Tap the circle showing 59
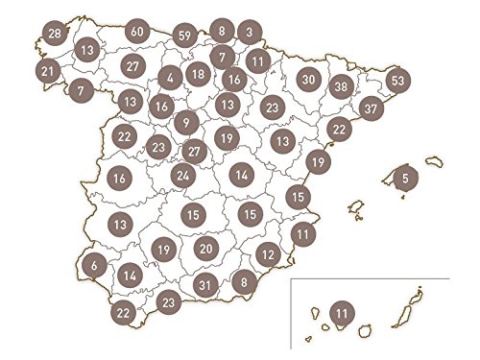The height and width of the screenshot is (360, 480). [x=186, y=36]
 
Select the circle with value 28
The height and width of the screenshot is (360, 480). [x=55, y=35]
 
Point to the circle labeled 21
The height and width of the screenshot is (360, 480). [x=47, y=70]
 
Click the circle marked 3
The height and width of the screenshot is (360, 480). [x=250, y=33]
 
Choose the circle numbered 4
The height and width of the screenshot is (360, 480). [x=172, y=78]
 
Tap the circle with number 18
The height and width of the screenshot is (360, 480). [x=198, y=74]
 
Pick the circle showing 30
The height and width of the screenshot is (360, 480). [x=308, y=81]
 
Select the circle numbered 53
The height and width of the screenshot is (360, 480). [x=397, y=81]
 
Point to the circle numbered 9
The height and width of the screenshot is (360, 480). [x=186, y=123]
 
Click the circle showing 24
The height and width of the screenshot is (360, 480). [x=183, y=176]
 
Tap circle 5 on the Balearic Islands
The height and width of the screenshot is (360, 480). [x=407, y=178]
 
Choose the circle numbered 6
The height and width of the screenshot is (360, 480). [x=94, y=266]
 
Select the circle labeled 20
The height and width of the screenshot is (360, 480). [x=205, y=249]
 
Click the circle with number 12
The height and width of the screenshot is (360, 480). [x=269, y=255]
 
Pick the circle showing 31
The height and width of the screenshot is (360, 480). [x=204, y=285]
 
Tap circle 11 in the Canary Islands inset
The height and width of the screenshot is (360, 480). [x=342, y=313]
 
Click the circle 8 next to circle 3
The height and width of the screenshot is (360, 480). [x=222, y=31]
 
